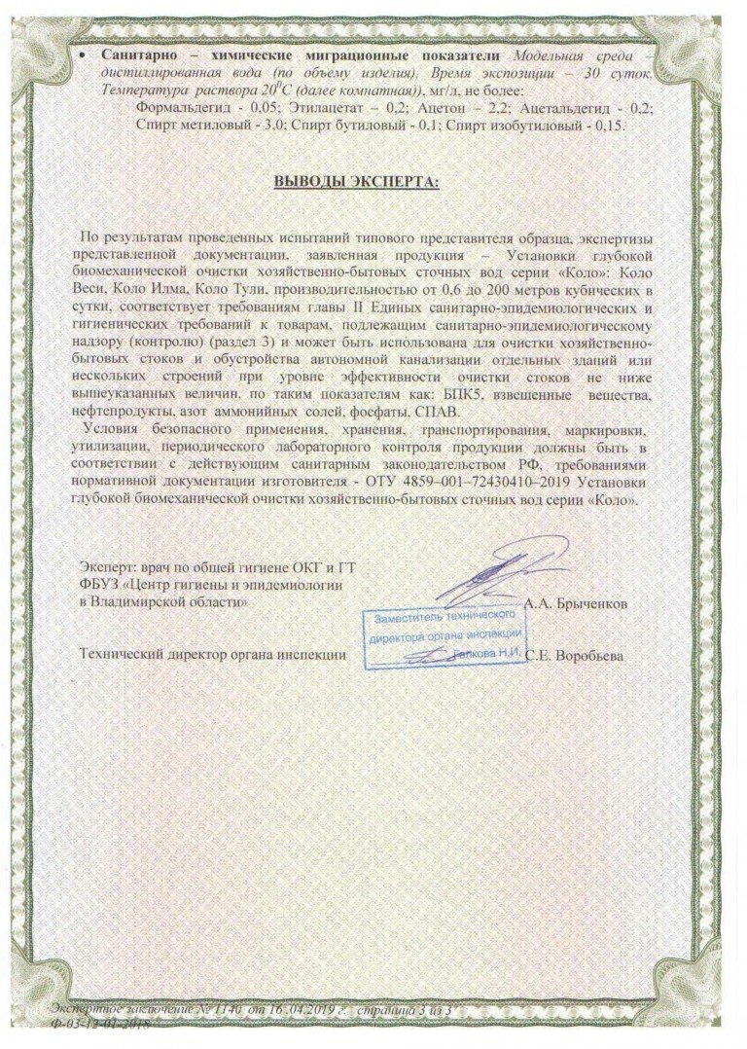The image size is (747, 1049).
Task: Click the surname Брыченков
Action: pos(586,602)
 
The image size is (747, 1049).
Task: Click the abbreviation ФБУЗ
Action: pos(97,586)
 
